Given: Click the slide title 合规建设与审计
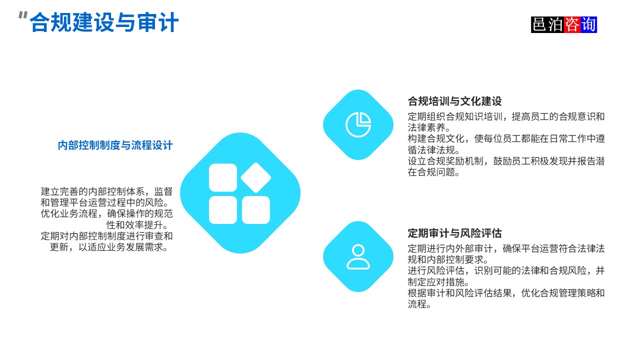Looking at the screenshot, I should [x=104, y=23].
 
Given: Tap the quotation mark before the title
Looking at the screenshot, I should [x=22, y=16].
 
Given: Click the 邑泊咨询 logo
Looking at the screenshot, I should [x=564, y=24].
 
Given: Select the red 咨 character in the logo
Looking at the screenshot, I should [x=572, y=24].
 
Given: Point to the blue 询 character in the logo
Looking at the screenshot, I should [x=588, y=24].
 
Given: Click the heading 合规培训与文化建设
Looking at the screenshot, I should [x=454, y=101].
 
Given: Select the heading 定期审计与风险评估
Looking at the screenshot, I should [x=454, y=233].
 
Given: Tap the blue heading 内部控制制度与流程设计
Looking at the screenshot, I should [x=115, y=145].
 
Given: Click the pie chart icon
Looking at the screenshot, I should [x=358, y=124].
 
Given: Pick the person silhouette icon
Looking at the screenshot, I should [x=358, y=256].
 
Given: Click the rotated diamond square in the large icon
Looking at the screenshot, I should [x=256, y=177].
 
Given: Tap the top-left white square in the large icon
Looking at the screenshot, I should [x=223, y=177].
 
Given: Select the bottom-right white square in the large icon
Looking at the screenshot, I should [x=256, y=210].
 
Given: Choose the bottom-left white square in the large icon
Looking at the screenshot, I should [x=223, y=210].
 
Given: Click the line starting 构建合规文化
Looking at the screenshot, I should [x=506, y=138].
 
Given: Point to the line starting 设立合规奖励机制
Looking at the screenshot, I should [x=506, y=161].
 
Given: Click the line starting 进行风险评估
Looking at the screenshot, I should [x=506, y=270].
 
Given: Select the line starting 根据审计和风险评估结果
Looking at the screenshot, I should [x=506, y=293].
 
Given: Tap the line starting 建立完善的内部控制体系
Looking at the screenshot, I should [x=106, y=191].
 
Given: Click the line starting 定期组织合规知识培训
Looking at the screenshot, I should [x=506, y=116].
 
